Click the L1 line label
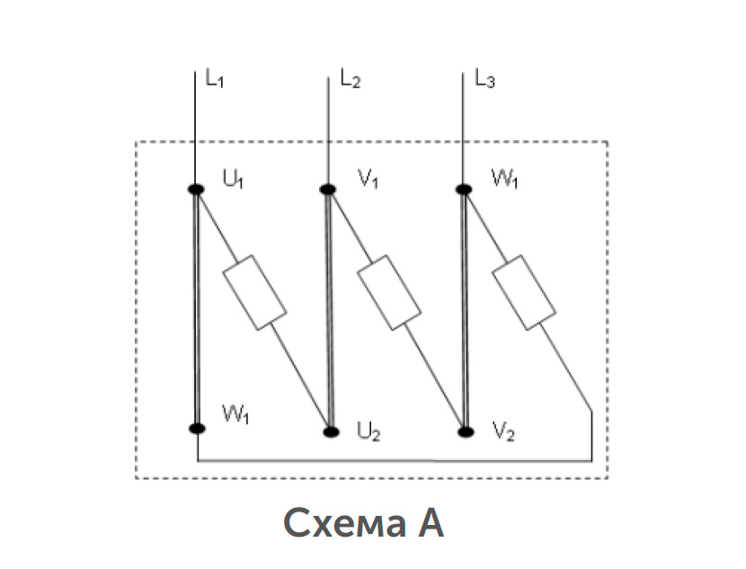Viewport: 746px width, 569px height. click(214, 78)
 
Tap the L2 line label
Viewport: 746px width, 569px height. click(351, 78)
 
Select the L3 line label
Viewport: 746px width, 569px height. click(484, 78)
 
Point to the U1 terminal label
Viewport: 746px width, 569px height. click(233, 180)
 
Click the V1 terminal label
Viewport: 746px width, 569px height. click(368, 180)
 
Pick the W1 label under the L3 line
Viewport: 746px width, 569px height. click(504, 180)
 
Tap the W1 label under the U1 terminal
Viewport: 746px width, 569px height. click(235, 413)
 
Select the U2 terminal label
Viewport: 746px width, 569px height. click(369, 432)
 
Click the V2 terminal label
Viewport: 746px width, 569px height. click(503, 432)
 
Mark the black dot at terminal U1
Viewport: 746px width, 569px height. click(196, 190)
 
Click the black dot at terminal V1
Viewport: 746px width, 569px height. click(328, 190)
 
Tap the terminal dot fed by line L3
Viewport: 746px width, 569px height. click(464, 190)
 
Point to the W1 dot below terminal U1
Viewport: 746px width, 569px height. click(197, 428)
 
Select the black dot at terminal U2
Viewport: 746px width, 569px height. click(331, 432)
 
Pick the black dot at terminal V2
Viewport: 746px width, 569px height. click(466, 432)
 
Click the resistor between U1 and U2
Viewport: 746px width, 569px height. click(254, 292)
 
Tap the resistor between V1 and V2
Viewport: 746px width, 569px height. click(389, 292)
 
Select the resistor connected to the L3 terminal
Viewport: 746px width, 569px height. click(524, 292)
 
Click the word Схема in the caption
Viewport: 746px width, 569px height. click(345, 523)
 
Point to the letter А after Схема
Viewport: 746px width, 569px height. click(431, 522)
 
